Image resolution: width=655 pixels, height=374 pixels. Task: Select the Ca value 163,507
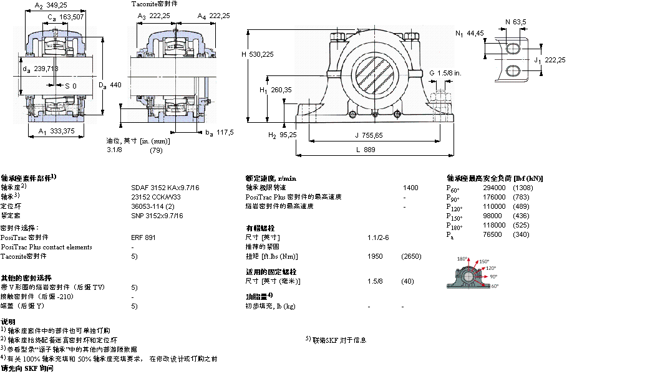click(x=72, y=17)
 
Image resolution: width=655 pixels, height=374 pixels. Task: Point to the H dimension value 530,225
click(x=261, y=54)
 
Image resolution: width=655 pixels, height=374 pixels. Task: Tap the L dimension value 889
click(x=370, y=150)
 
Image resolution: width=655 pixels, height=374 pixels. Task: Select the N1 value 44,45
click(x=476, y=33)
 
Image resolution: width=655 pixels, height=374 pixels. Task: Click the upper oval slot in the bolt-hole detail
click(x=512, y=49)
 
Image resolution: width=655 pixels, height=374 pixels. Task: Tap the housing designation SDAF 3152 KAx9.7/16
click(x=157, y=187)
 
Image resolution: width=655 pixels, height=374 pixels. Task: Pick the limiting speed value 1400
click(x=410, y=187)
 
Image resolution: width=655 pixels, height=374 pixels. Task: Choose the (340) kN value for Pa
click(x=521, y=234)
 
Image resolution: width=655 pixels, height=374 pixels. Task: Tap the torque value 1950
click(x=376, y=256)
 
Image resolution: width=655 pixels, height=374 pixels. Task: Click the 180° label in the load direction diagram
click(x=462, y=259)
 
